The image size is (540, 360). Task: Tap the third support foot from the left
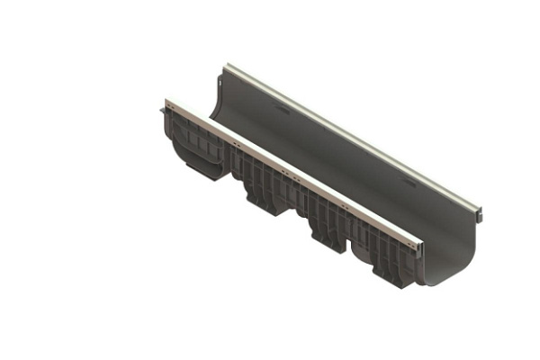pyautogui.click(x=325, y=232)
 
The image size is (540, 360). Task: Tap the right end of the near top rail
pyautogui.click(x=418, y=240)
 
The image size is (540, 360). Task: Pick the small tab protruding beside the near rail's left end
pyautogui.click(x=163, y=109)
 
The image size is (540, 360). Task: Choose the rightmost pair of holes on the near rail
pyautogui.click(x=406, y=237)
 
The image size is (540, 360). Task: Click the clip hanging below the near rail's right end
pyautogui.click(x=416, y=255)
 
